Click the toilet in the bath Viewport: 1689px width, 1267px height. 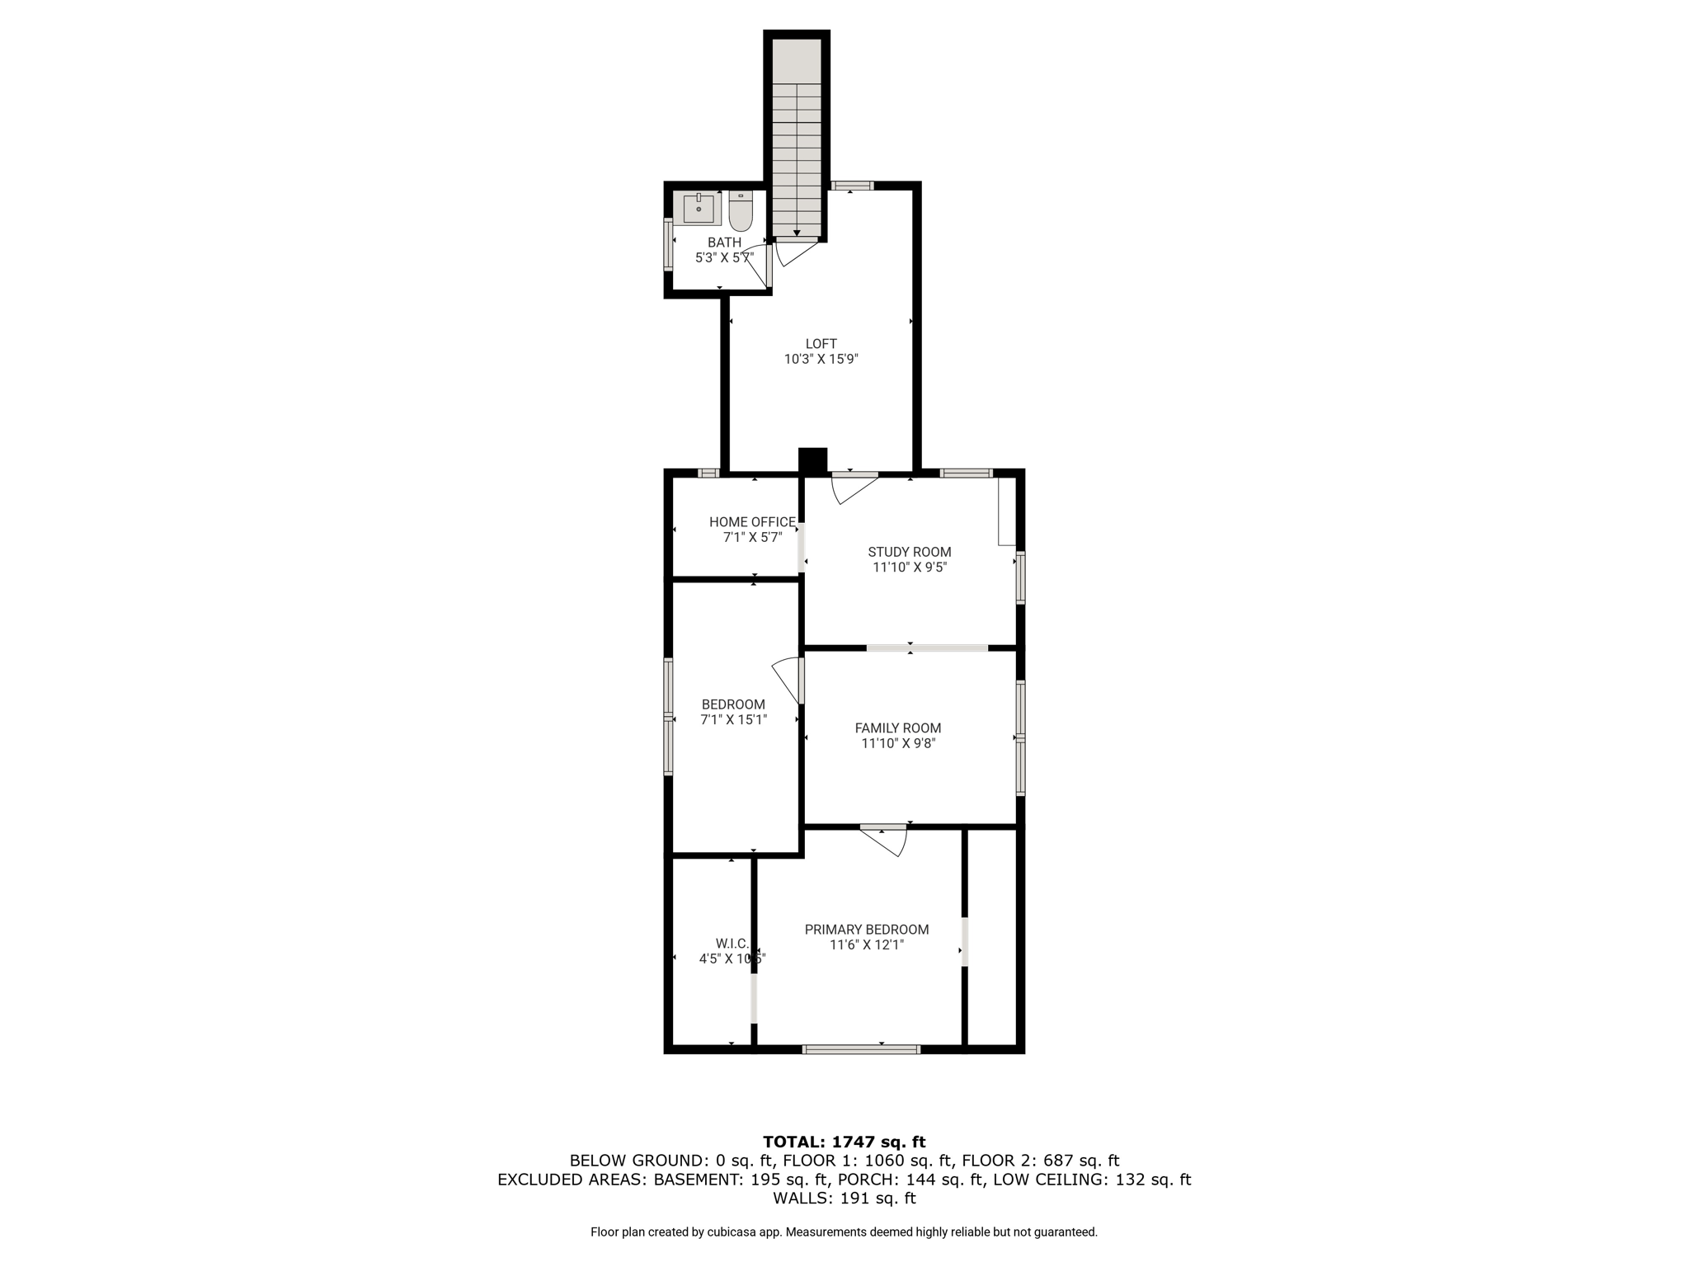coord(741,211)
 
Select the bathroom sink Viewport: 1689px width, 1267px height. coord(699,208)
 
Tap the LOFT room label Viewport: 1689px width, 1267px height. coord(821,344)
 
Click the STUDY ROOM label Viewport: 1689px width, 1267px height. coord(909,552)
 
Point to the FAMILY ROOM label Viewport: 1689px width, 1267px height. coord(897,728)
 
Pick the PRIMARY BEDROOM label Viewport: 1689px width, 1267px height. coord(866,930)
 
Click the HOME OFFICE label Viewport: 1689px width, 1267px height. coord(752,522)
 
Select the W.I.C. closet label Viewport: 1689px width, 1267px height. coord(732,943)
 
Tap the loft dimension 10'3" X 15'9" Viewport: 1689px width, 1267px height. coord(821,360)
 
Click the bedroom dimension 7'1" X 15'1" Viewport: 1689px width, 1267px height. coord(733,720)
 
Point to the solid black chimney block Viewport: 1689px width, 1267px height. coord(812,460)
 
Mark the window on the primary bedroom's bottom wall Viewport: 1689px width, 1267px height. coord(860,1049)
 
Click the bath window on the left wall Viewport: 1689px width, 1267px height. coord(668,243)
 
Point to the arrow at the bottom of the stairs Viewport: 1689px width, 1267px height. coord(797,233)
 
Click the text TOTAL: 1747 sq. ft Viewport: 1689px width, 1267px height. coord(844,1142)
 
